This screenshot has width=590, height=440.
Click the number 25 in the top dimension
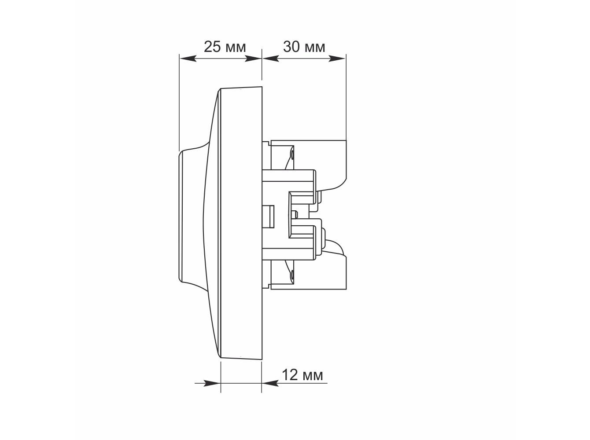tap(212, 47)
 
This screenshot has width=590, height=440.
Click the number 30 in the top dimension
tap(291, 47)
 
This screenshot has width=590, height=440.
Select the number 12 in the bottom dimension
tap(290, 375)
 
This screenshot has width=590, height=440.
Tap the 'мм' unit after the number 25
tap(236, 48)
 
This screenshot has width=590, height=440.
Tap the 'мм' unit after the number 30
tap(315, 48)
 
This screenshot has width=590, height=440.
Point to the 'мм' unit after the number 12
tap(313, 377)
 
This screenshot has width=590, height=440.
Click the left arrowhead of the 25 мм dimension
tap(188, 58)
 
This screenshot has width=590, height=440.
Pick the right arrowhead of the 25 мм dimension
tap(253, 58)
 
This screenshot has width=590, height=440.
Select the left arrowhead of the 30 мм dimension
tap(271, 58)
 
